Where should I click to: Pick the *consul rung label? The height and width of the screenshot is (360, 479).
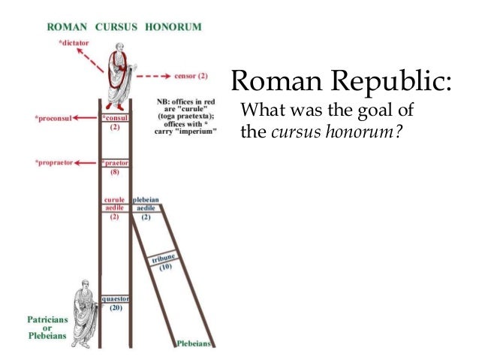pos(115,119)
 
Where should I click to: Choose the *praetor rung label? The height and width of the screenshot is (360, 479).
pos(115,162)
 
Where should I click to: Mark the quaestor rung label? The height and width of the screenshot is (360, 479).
pos(115,298)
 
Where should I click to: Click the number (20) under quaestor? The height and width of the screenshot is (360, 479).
pos(115,308)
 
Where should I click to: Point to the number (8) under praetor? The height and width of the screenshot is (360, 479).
pos(115,172)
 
